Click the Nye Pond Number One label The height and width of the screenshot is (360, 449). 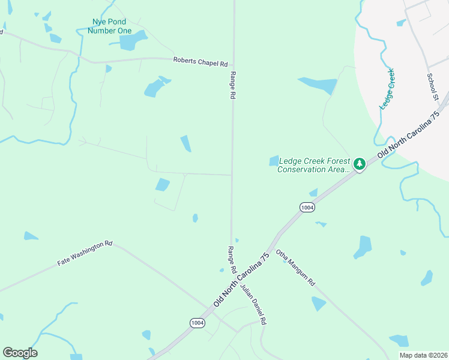[109, 26]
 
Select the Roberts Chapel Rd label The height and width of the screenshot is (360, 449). [200, 62]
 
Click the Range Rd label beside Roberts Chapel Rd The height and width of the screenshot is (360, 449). [234, 86]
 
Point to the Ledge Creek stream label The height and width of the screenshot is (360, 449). [387, 88]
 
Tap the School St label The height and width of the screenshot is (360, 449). [433, 87]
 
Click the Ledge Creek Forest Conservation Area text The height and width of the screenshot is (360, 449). [313, 165]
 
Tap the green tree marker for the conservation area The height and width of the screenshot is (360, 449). [359, 164]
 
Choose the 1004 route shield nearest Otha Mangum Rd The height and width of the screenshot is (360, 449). [306, 206]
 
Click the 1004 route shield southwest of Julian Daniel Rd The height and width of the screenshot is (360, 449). [197, 323]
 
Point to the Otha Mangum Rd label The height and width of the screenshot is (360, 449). [295, 268]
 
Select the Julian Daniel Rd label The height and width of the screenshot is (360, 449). [253, 304]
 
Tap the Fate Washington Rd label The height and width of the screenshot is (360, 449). [85, 253]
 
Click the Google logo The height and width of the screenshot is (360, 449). [20, 352]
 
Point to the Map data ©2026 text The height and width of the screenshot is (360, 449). [423, 355]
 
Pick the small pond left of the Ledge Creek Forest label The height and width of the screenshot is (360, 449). [274, 160]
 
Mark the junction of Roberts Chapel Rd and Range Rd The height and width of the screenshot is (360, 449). [233, 59]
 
